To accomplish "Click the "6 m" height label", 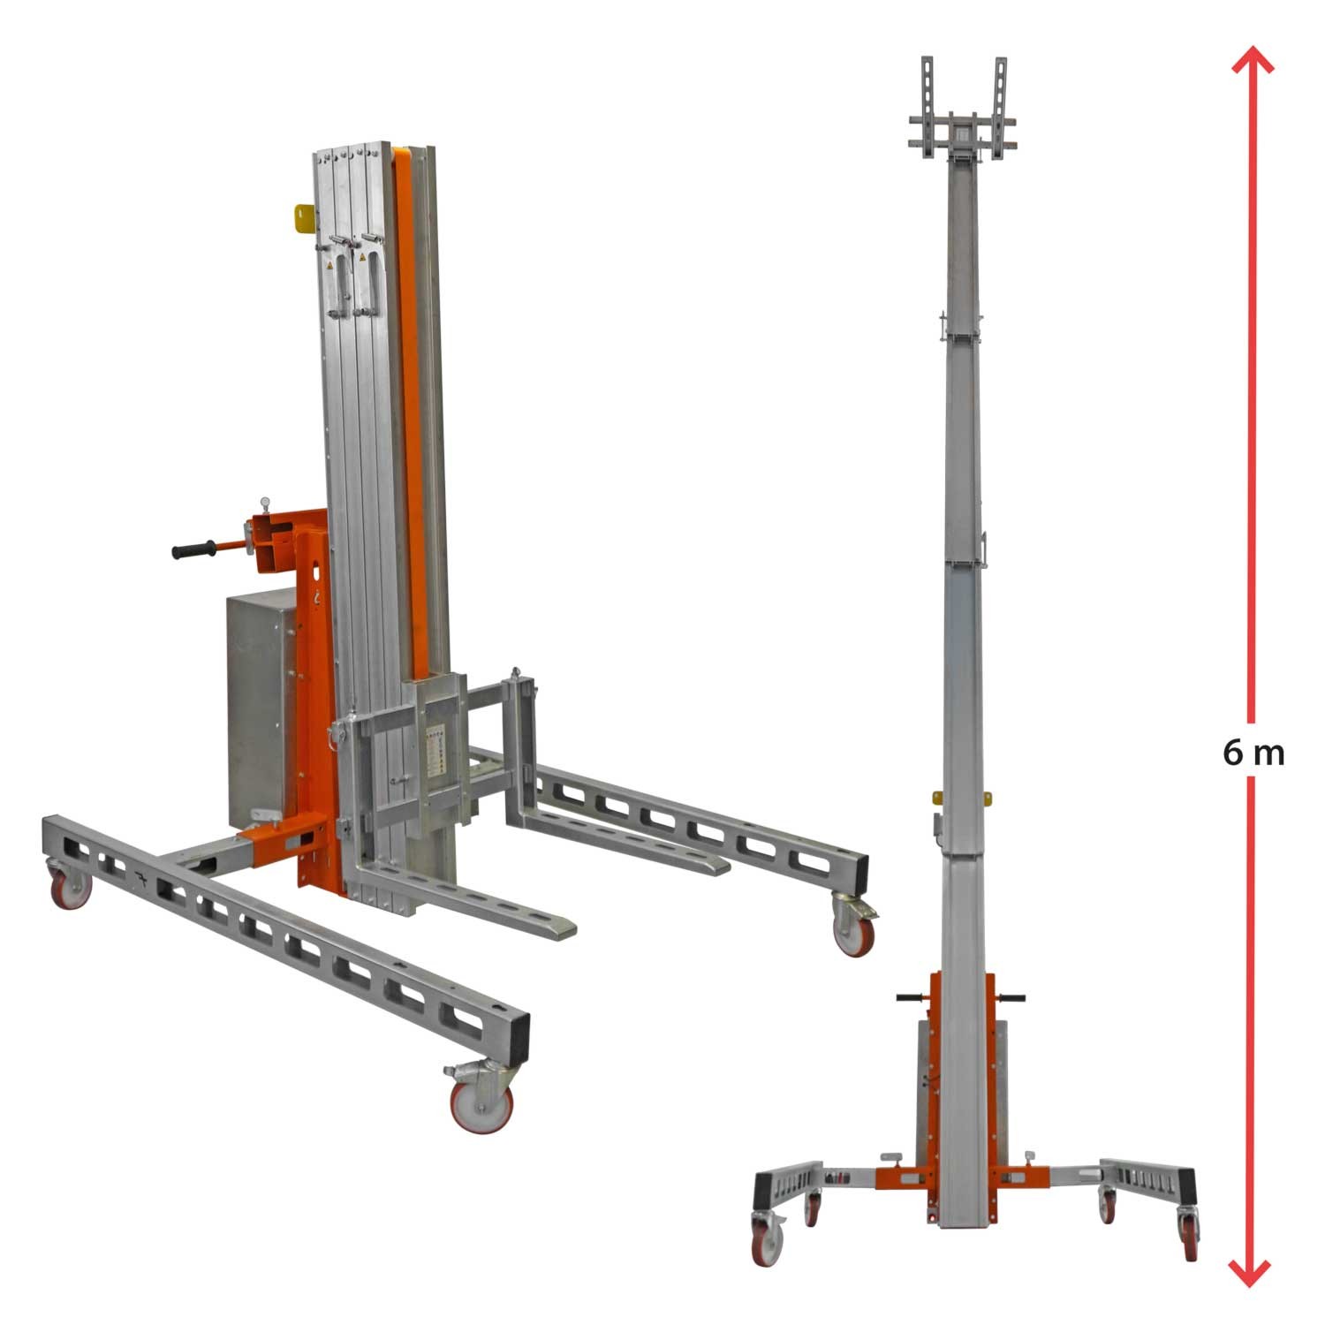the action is click(1253, 753).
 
